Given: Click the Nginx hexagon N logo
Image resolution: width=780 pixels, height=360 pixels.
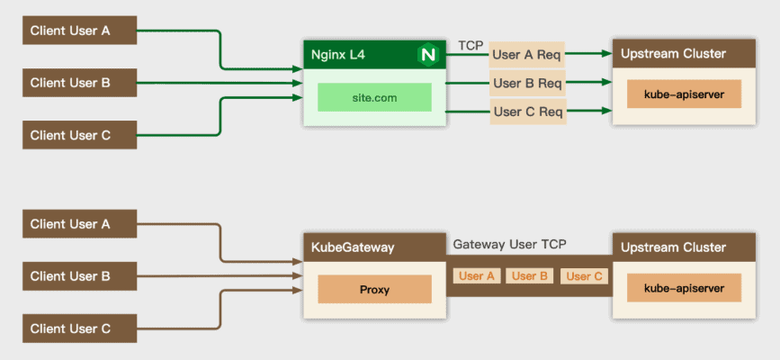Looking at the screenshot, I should [427, 55].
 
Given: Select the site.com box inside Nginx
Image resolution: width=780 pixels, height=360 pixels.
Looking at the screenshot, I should [374, 96].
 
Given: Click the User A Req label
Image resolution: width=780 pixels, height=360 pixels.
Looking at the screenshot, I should [526, 55].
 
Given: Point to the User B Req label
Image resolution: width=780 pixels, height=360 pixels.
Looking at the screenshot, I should [526, 84].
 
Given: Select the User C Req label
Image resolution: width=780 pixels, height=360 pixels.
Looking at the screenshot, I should [526, 112].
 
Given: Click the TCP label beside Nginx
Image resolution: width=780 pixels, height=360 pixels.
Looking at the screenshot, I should [471, 45].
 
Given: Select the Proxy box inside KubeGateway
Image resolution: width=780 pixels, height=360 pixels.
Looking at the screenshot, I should [374, 289].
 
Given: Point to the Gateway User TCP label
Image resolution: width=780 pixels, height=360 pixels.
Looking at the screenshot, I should [509, 244].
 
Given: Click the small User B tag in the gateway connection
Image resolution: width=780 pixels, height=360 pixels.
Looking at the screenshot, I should [530, 276].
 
